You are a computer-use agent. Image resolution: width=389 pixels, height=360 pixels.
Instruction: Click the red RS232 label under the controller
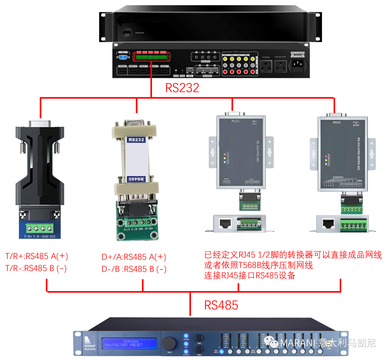182,88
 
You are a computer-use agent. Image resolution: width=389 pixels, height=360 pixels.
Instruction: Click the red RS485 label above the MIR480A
221,305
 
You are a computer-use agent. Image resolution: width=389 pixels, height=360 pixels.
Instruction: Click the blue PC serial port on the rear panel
123,56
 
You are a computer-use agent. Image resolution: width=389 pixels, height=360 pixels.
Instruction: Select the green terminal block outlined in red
151,57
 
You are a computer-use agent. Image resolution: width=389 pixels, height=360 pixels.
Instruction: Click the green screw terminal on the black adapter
39,228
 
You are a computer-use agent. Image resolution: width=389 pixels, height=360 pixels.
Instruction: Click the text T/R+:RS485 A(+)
36,257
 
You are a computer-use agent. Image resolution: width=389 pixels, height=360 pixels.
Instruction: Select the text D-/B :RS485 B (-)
134,269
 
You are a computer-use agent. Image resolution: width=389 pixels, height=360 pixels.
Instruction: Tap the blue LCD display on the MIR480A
130,343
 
